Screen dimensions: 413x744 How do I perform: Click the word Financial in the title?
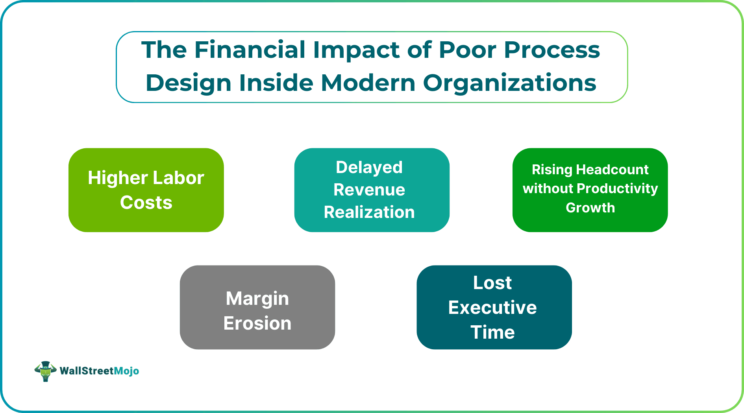250,50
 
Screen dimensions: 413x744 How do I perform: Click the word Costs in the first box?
146,203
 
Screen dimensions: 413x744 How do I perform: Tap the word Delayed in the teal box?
369,168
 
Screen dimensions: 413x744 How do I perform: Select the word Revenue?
369,190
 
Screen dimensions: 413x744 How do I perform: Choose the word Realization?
369,212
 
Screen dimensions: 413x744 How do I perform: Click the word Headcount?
612,170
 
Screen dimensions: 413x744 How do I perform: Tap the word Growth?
590,208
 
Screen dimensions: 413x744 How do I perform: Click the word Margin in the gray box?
257,299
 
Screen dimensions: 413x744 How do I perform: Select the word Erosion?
257,323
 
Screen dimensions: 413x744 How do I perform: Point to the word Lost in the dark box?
492,283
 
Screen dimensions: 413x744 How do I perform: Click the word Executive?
492,308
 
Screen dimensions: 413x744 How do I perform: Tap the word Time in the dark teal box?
492,332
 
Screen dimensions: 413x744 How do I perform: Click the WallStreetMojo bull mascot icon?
45,371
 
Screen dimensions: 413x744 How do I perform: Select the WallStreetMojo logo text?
99,371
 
